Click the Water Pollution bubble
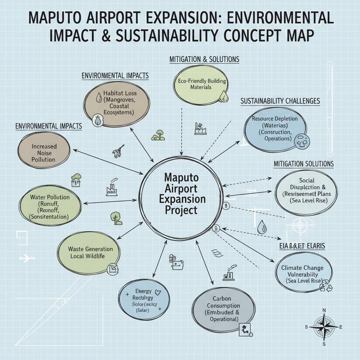[50, 207]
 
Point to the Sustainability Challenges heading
[280, 101]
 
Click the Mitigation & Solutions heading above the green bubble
[204, 59]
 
